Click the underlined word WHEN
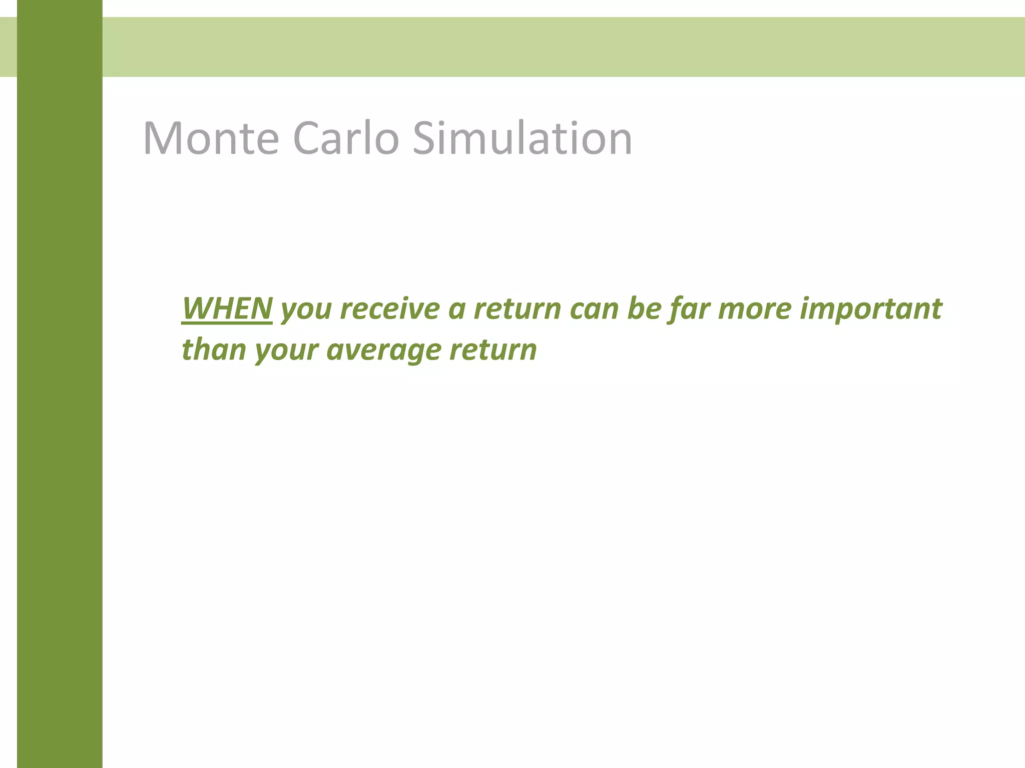coord(227,308)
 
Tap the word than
coord(213,349)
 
